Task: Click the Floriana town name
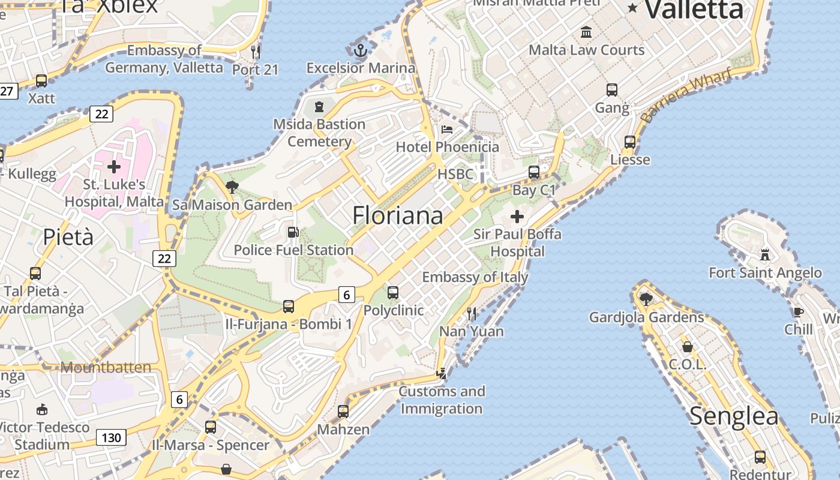tap(398, 215)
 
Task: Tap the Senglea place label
tap(734, 416)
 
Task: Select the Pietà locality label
tap(68, 237)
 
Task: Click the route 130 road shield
tap(112, 438)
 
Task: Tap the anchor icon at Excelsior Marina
tap(360, 50)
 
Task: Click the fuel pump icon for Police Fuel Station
tap(293, 232)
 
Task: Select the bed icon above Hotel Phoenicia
tap(447, 129)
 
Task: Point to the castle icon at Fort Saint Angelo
tap(764, 254)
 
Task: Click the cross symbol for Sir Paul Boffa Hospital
tap(517, 216)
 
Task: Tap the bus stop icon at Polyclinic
tap(393, 293)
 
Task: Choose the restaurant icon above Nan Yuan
tap(472, 313)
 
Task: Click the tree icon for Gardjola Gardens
tap(646, 298)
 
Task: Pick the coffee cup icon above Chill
tap(798, 311)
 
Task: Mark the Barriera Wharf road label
tap(687, 95)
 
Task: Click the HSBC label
tap(455, 174)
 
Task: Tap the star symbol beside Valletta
tap(632, 8)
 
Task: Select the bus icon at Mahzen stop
tap(343, 412)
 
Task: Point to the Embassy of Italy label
tap(475, 277)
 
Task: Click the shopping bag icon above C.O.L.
tap(688, 347)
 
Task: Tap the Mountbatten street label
tap(106, 367)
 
